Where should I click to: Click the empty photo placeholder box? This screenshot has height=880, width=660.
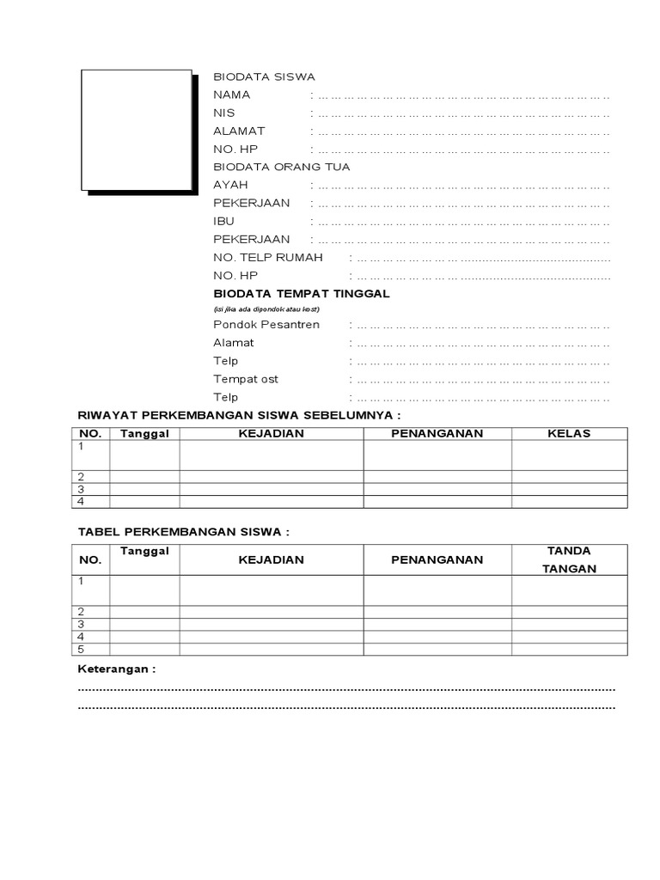pos(136,130)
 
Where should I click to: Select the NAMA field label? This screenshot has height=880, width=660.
pos(232,95)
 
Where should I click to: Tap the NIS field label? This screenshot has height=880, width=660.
pos(224,113)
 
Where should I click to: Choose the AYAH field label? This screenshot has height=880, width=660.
pos(229,185)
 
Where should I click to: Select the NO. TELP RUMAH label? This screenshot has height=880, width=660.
pos(268,257)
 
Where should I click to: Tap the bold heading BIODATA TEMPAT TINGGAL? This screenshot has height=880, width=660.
pos(302,293)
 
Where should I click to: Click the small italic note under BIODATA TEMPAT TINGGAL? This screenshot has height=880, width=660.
pos(266,308)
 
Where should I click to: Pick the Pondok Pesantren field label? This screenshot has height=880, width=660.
pos(266,324)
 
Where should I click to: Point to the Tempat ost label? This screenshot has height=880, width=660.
pos(246,379)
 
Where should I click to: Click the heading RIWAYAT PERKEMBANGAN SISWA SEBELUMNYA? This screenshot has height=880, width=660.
pos(240,414)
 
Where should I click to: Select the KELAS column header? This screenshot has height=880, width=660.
pos(569,433)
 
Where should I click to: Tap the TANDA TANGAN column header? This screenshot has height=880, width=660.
pos(569,559)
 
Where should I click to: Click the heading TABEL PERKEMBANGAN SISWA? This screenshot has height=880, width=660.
pos(184,532)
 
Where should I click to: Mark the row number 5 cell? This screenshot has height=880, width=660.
pos(82,649)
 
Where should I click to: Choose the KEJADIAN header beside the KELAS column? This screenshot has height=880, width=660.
pos(271,433)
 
